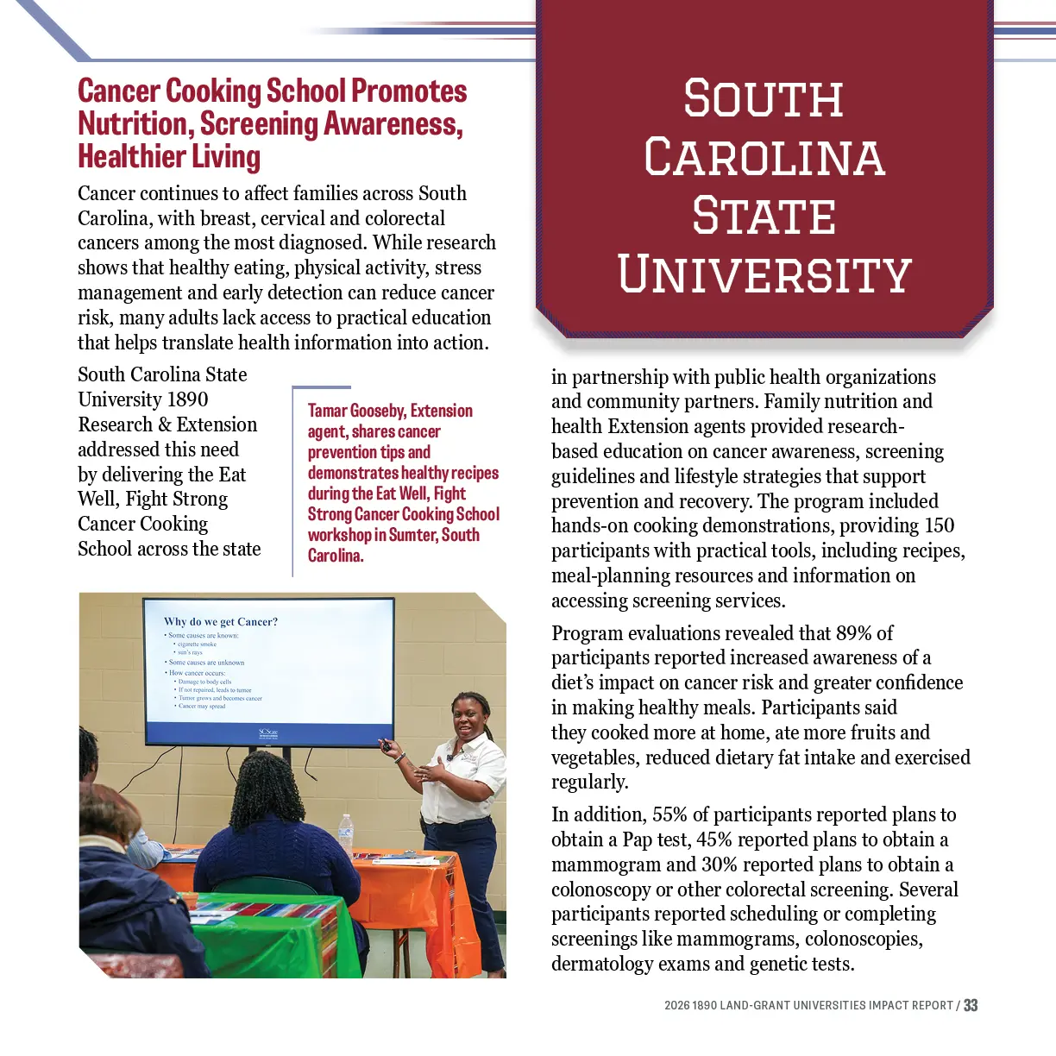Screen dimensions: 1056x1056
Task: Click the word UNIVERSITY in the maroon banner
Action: pyautogui.click(x=764, y=274)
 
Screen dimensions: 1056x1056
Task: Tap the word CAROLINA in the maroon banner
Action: pyautogui.click(x=764, y=158)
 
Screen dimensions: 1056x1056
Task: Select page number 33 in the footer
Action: pyautogui.click(x=971, y=1005)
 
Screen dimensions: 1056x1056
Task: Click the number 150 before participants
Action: pyautogui.click(x=939, y=525)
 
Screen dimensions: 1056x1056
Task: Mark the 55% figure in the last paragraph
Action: pyautogui.click(x=669, y=814)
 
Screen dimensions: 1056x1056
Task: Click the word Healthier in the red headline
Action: pyautogui.click(x=132, y=157)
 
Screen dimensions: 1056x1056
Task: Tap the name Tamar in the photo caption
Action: pyautogui.click(x=327, y=411)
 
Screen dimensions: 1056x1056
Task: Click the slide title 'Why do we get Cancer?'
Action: pyautogui.click(x=221, y=621)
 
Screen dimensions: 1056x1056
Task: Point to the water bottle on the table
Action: pyautogui.click(x=346, y=832)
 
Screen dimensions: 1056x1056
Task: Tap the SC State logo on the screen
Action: pyautogui.click(x=268, y=733)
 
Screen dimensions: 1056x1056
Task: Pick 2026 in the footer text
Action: pyautogui.click(x=676, y=1006)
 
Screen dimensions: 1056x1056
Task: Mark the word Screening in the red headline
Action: pyautogui.click(x=259, y=124)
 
